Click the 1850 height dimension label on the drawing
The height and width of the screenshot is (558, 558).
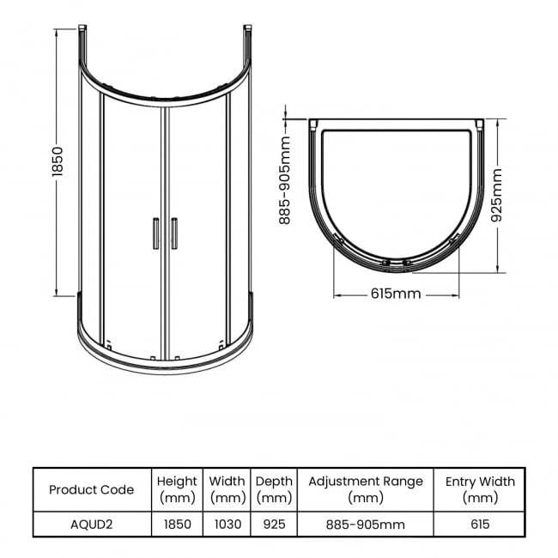[x=58, y=161]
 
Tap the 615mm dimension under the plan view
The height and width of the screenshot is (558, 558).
[x=396, y=294]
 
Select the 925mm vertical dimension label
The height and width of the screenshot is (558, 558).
[x=496, y=196]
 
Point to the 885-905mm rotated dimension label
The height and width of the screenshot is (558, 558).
[x=285, y=180]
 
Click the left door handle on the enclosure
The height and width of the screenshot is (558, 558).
[x=156, y=234]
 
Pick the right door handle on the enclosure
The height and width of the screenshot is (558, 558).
[x=174, y=234]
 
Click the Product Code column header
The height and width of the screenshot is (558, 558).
[x=92, y=489]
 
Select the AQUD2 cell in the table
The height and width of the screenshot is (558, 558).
[x=92, y=525]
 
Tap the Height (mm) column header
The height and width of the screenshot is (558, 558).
[x=177, y=489]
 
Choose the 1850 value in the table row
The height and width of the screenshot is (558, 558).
[x=178, y=525]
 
